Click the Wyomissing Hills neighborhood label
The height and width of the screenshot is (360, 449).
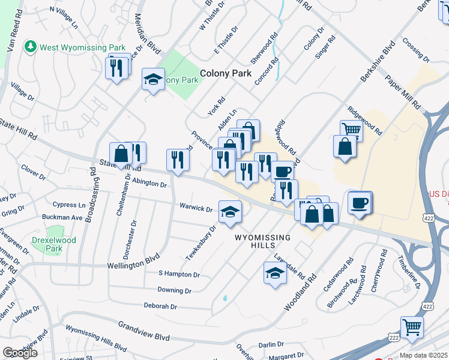tap(262, 241)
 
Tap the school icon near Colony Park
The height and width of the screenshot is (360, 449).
tap(153, 79)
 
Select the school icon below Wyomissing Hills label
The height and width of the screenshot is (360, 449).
tap(275, 273)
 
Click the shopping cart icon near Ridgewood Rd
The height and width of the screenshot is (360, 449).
tap(351, 129)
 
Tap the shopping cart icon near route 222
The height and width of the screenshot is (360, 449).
tap(412, 328)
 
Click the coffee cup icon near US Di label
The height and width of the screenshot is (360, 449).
tap(359, 202)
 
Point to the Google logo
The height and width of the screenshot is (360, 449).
tap(20, 353)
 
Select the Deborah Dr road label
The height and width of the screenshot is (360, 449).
tap(160, 306)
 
